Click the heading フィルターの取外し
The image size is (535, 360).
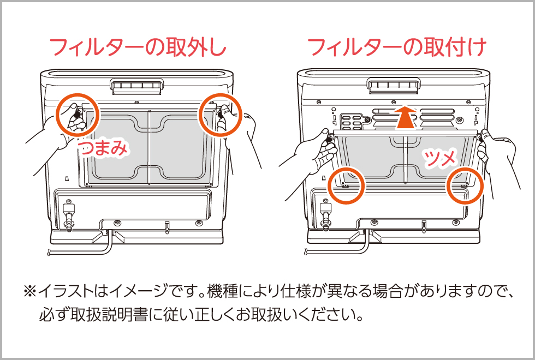138,48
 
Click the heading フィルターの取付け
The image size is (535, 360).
397,48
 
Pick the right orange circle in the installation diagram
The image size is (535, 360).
465,185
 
